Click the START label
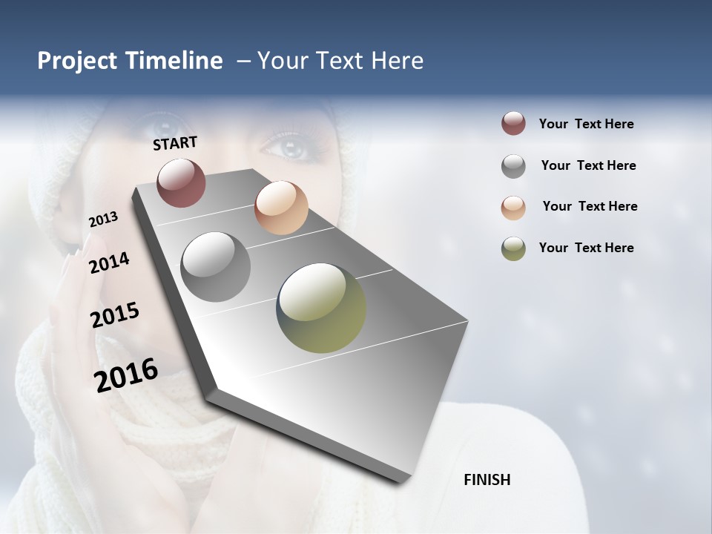coord(175,143)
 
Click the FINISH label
coord(487,480)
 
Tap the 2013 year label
coord(103,220)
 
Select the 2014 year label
coord(110,263)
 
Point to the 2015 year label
coord(115,315)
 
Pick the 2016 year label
coord(126,375)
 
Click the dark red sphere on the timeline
coord(181,182)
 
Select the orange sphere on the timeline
coord(281,207)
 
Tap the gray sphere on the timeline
coord(216,267)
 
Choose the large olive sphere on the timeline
coord(321,308)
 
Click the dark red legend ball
coord(513,123)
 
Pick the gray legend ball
coord(513,166)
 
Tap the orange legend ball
coord(513,208)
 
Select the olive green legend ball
coord(513,248)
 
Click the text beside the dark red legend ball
coord(586,124)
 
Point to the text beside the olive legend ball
coord(586,248)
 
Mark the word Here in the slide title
coord(397,61)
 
